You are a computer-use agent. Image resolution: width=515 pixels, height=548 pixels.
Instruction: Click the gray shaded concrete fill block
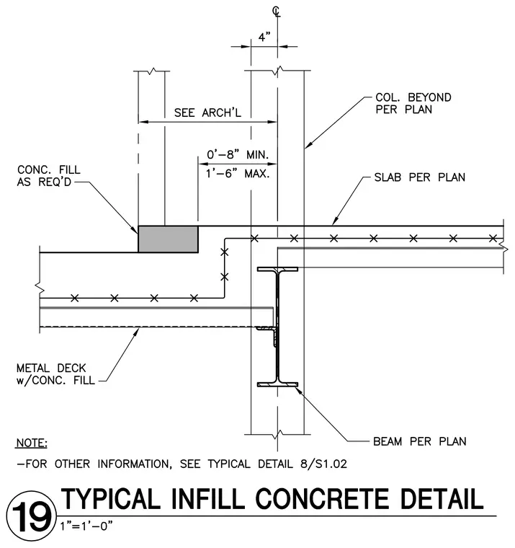coord(169,239)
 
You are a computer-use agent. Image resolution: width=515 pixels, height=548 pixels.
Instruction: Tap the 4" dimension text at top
coord(264,37)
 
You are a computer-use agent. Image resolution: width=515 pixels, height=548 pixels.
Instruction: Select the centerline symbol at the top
coord(276,12)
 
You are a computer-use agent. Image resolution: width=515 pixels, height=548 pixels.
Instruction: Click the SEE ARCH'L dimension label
coord(207,113)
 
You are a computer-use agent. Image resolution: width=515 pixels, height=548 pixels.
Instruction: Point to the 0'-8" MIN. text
coord(238,154)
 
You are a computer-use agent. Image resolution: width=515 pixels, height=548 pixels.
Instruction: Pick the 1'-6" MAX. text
coord(238,173)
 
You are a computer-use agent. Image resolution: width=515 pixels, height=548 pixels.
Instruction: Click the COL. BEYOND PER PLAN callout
coord(413,103)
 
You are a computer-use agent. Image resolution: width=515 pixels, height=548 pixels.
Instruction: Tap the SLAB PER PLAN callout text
coord(420,177)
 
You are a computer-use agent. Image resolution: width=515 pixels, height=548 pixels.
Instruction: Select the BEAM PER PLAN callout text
coord(420,442)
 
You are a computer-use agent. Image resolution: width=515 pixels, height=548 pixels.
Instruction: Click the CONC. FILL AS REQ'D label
coord(48,176)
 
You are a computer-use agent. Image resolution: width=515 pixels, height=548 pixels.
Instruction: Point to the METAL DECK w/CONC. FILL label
coord(55,374)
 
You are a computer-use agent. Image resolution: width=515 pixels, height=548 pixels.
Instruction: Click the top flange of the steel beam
coord(277,269)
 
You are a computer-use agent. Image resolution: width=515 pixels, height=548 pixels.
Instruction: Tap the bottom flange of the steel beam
coord(277,384)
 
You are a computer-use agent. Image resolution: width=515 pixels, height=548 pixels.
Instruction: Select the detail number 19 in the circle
coord(31,516)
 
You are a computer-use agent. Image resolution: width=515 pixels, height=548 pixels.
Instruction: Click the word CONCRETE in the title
coord(322,499)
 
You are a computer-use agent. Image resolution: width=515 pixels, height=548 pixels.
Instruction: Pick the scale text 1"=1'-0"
coord(86,526)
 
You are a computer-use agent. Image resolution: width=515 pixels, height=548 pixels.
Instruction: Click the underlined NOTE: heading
coord(32,443)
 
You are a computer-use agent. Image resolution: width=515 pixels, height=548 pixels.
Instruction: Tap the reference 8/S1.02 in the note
coord(323,464)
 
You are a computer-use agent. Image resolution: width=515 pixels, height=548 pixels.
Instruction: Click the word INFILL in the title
coord(208,499)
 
